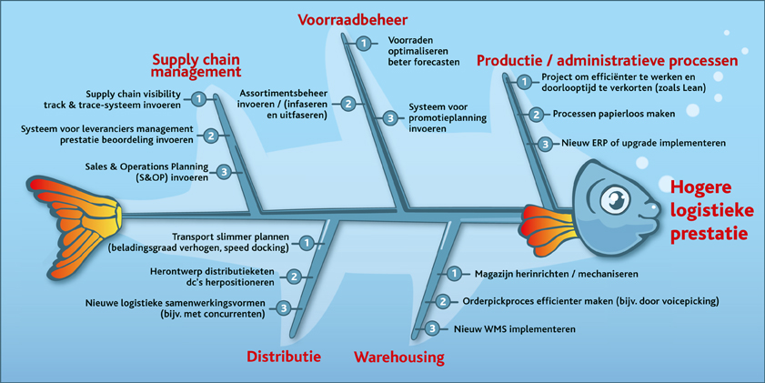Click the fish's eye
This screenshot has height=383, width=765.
[617, 197]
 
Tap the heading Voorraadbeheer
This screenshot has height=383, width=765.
[352, 19]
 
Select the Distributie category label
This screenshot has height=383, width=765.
[284, 357]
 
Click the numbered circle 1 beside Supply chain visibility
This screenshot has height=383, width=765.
[198, 99]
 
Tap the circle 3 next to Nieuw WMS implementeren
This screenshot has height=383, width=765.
[433, 328]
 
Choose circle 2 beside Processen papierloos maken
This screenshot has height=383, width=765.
[536, 115]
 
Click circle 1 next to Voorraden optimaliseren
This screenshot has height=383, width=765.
[363, 43]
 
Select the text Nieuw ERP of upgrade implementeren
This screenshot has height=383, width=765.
[629, 144]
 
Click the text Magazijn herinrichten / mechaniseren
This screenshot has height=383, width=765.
[556, 274]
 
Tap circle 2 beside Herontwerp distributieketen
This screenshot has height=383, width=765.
[294, 276]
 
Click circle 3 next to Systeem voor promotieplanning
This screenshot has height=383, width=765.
[389, 117]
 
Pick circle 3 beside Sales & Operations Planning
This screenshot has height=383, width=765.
[224, 172]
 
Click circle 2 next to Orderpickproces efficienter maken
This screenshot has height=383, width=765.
[442, 301]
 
